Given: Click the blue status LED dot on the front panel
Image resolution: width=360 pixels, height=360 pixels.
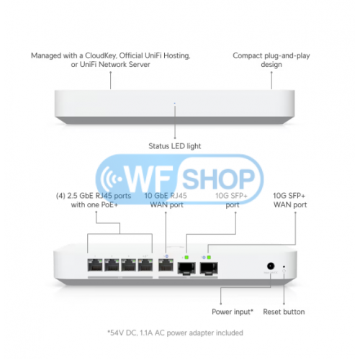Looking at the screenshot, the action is tap(174, 104).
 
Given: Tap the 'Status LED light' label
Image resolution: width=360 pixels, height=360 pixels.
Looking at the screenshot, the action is tap(175, 146).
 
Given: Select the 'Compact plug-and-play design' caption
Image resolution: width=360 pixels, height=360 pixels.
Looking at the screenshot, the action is tap(271, 60).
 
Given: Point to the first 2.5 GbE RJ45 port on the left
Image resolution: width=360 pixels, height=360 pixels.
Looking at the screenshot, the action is tap(95, 265).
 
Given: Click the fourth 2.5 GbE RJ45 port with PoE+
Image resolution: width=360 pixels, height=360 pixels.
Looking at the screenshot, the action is tap(145, 265).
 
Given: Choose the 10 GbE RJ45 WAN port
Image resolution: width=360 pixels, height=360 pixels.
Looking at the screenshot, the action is tap(166, 265).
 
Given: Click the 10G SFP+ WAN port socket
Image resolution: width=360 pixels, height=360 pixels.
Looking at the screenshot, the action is tap(209, 268).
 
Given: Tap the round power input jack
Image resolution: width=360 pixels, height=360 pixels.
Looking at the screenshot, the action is tap(271, 266).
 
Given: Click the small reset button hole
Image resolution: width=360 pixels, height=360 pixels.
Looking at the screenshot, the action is tap(284, 266).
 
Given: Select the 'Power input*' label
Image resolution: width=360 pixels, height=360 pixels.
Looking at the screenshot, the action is tap(233, 312).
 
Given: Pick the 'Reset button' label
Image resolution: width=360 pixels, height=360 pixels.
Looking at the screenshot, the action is tap(284, 312).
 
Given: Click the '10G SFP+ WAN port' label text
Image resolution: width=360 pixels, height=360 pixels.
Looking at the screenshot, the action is tap(289, 200).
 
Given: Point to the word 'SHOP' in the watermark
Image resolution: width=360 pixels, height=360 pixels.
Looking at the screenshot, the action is tap(218, 179).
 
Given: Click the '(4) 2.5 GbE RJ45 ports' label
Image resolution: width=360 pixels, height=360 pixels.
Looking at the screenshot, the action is tap(94, 196).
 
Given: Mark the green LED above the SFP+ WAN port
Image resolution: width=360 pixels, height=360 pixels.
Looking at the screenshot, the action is tap(209, 258).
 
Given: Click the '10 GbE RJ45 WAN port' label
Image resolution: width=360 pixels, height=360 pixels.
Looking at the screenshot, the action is tap(166, 200).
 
